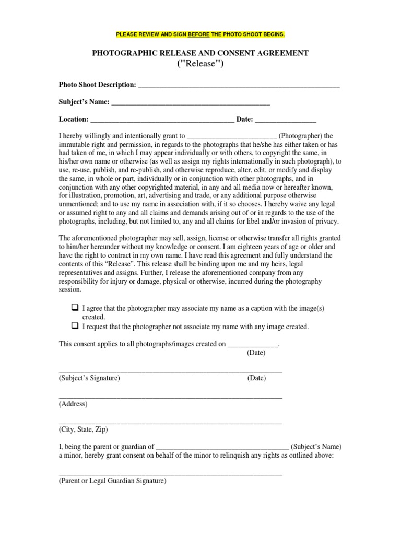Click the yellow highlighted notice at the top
[200, 34]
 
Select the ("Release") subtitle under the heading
[200, 64]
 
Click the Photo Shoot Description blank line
[238, 86]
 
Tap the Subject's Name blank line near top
[191, 103]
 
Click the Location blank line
[162, 120]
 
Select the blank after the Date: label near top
[285, 120]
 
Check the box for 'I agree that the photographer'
[74, 308]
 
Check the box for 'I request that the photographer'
[74, 326]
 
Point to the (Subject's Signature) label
[89, 378]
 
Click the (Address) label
[73, 404]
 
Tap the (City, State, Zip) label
[84, 429]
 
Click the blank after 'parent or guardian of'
[222, 447]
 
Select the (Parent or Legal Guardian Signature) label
[112, 481]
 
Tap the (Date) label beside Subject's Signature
[256, 378]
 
